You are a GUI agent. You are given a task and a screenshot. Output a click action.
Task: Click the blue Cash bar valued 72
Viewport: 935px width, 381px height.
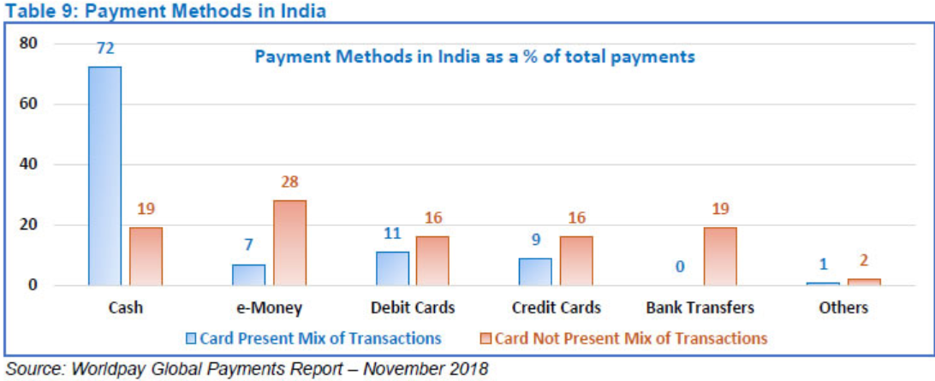(x=104, y=176)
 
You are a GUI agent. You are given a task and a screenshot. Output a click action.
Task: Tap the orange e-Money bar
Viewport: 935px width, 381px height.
(x=289, y=242)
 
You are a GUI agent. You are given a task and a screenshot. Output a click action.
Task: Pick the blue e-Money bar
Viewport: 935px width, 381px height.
(x=248, y=275)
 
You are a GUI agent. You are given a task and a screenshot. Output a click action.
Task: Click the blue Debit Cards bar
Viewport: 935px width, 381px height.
(x=392, y=268)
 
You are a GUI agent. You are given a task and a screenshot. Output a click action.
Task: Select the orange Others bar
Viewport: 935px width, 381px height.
(x=863, y=282)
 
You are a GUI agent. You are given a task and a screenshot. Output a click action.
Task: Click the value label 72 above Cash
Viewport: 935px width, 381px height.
(x=104, y=49)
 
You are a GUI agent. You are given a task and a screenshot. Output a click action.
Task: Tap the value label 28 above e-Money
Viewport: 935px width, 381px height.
(x=289, y=182)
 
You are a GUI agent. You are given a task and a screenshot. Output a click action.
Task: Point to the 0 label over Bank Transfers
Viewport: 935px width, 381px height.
(x=679, y=267)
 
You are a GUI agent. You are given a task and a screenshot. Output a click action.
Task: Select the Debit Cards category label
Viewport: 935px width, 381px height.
(x=413, y=307)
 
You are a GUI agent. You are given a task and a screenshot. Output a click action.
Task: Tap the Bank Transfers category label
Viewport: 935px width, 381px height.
(x=700, y=307)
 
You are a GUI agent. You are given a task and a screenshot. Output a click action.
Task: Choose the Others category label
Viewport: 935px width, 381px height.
(x=843, y=307)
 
